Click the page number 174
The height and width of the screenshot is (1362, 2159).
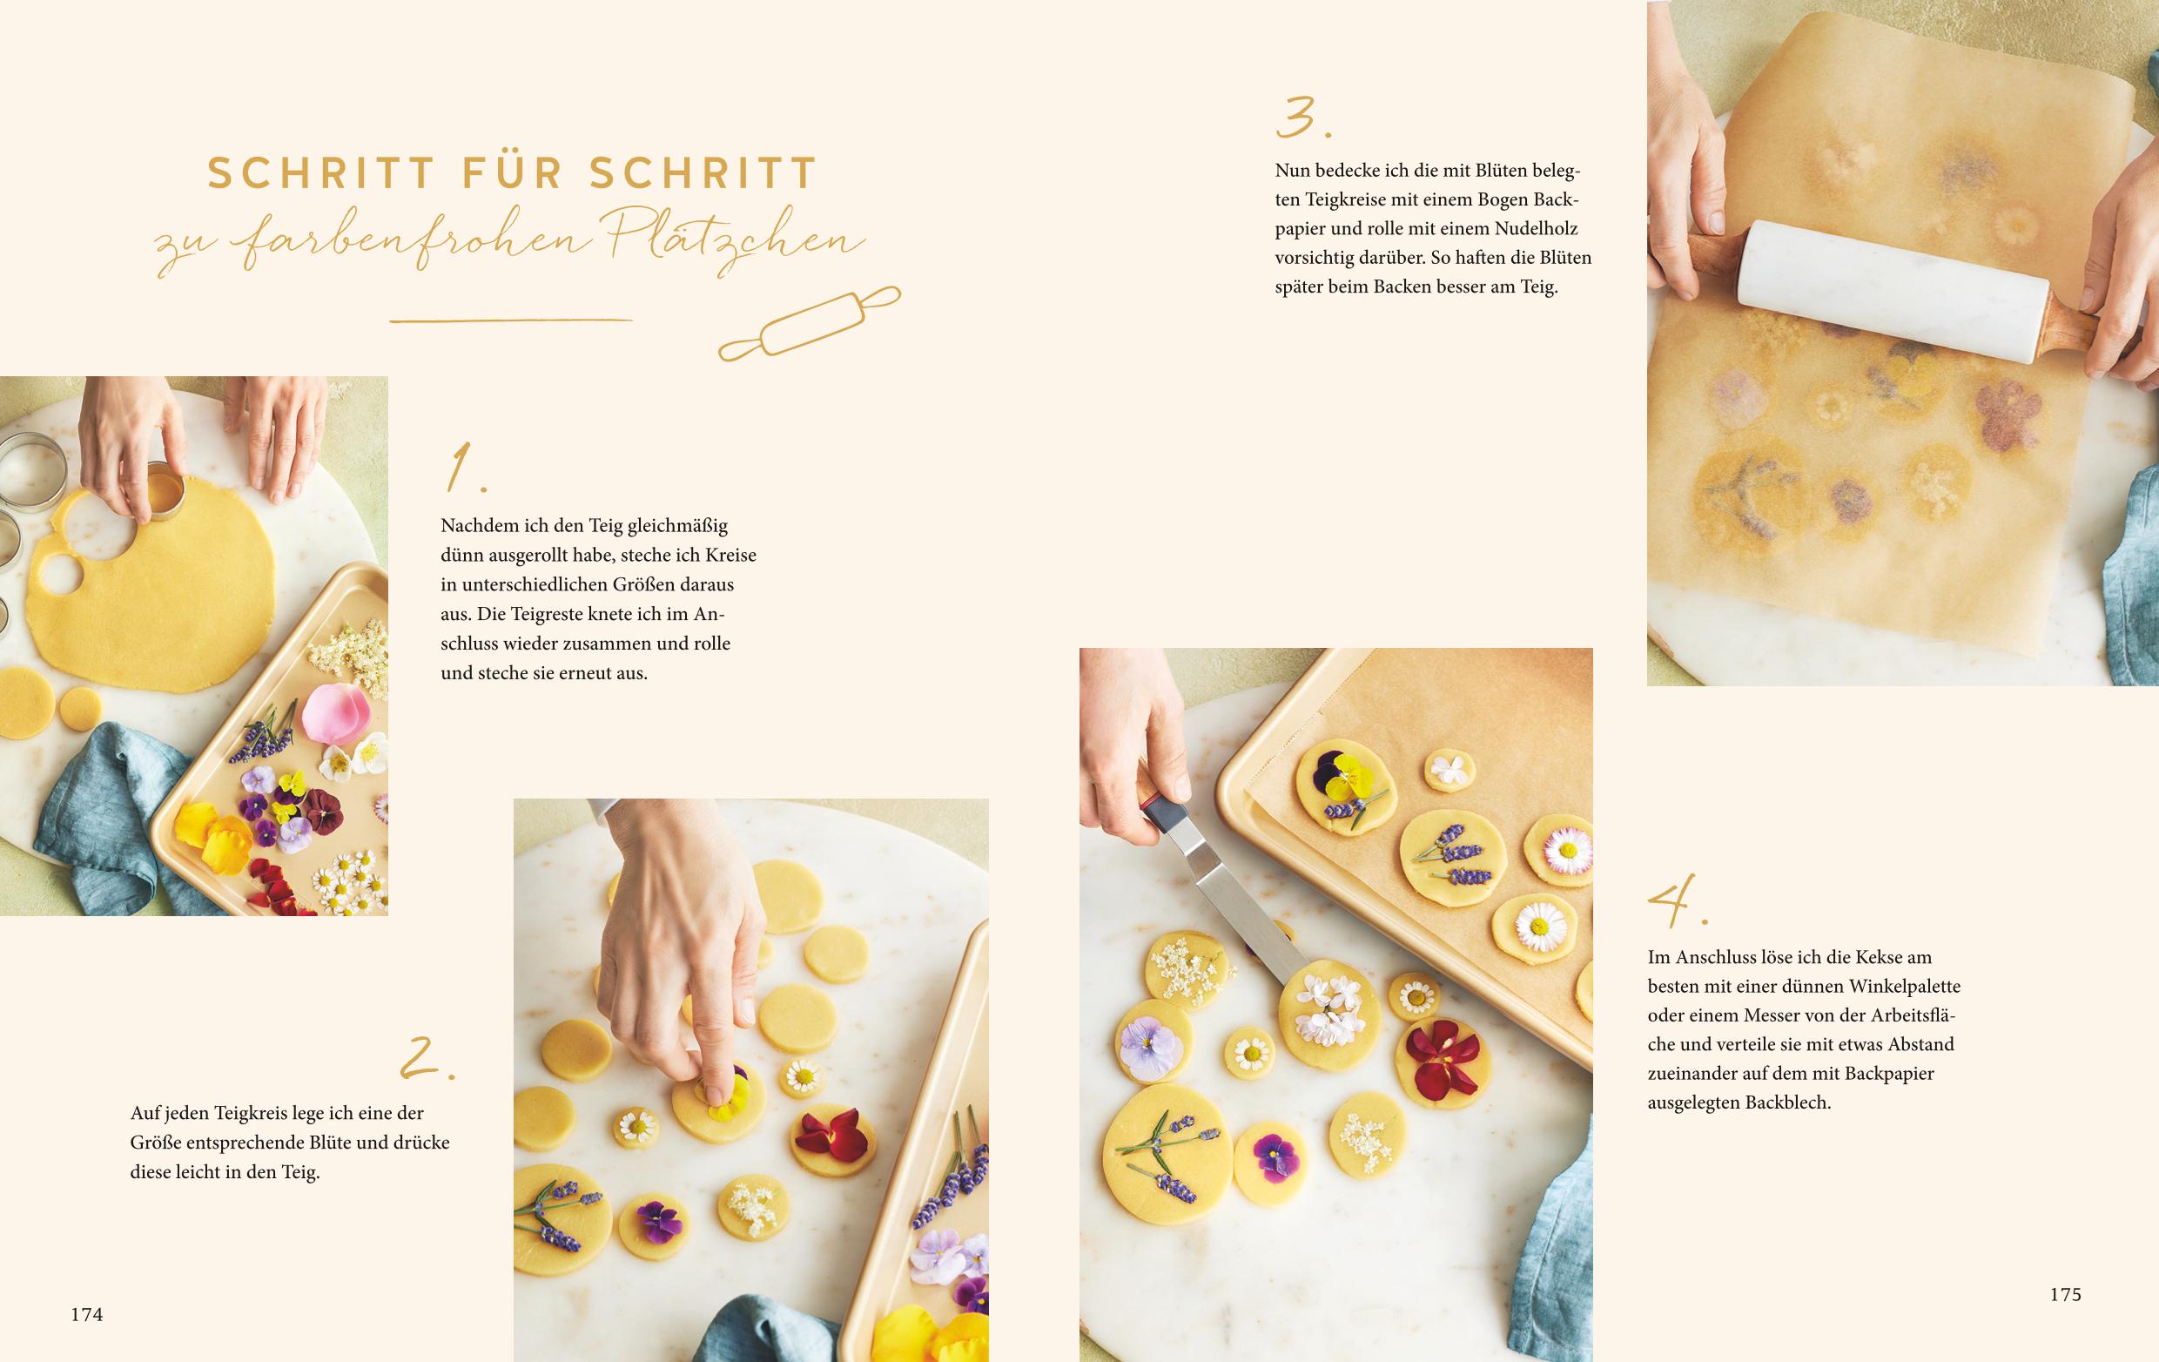pyautogui.click(x=87, y=1314)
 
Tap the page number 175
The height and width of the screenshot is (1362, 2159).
pyautogui.click(x=2065, y=1294)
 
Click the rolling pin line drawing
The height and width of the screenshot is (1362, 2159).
pyautogui.click(x=810, y=323)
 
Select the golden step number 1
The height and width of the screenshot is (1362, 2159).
pyautogui.click(x=466, y=469)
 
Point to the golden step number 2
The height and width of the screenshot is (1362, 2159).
pyautogui.click(x=427, y=1057)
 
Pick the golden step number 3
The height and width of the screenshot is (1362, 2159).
pyautogui.click(x=1302, y=118)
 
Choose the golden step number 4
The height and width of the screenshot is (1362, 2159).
pyautogui.click(x=1678, y=900)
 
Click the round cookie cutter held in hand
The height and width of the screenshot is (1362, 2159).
pyautogui.click(x=163, y=492)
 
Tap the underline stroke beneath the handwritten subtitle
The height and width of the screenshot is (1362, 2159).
pyautogui.click(x=512, y=320)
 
